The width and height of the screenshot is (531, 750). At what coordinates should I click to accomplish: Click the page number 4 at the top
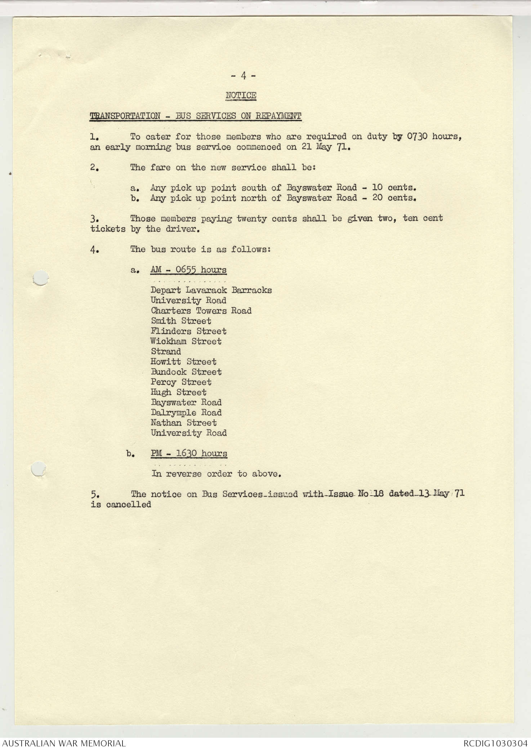tap(243, 76)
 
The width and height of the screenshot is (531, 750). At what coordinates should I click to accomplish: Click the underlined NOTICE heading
tap(241, 95)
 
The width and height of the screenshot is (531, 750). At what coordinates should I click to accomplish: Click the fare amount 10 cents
tap(394, 187)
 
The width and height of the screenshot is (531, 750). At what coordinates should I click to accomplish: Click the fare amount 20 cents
tap(394, 198)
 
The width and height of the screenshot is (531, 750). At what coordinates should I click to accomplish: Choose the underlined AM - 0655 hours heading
tap(188, 270)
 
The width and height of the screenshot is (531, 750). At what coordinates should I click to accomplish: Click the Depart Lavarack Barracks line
tap(211, 290)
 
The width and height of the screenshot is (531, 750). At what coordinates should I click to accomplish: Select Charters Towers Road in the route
tap(201, 311)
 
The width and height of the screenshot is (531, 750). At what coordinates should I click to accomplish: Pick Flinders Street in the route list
tap(188, 331)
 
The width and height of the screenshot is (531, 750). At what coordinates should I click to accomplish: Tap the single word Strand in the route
tap(166, 351)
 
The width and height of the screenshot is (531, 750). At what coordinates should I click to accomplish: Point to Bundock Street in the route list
tap(186, 372)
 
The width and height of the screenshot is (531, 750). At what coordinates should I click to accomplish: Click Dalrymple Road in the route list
tap(186, 412)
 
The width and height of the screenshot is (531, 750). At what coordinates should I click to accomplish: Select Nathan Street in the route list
tap(183, 423)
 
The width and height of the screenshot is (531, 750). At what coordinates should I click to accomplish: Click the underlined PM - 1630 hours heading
tap(189, 453)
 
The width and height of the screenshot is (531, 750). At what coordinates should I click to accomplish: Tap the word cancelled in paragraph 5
tap(128, 504)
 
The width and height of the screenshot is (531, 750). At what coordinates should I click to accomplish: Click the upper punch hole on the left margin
tap(40, 278)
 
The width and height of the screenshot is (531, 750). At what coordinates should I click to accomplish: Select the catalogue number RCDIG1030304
tap(495, 743)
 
